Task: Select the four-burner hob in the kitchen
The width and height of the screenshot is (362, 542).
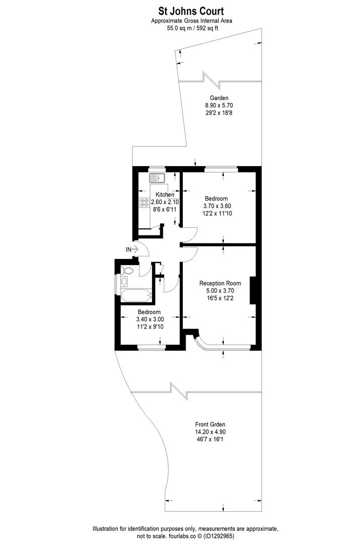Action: pyautogui.click(x=145, y=203)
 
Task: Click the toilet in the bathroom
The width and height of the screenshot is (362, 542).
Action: pyautogui.click(x=128, y=270)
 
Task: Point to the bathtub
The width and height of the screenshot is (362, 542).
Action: pyautogui.click(x=135, y=295)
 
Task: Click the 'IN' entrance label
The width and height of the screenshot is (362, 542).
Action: pyautogui.click(x=129, y=249)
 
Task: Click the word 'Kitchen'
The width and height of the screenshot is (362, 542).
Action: pyautogui.click(x=165, y=195)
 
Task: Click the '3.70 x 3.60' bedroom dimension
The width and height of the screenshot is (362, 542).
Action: pyautogui.click(x=217, y=206)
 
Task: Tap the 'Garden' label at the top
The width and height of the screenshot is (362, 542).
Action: pyautogui.click(x=219, y=98)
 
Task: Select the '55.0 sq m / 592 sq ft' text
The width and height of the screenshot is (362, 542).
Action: pyautogui.click(x=192, y=29)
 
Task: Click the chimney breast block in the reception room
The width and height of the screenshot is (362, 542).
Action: pyautogui.click(x=253, y=291)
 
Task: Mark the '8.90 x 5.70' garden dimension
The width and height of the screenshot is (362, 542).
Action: pyautogui.click(x=219, y=105)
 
